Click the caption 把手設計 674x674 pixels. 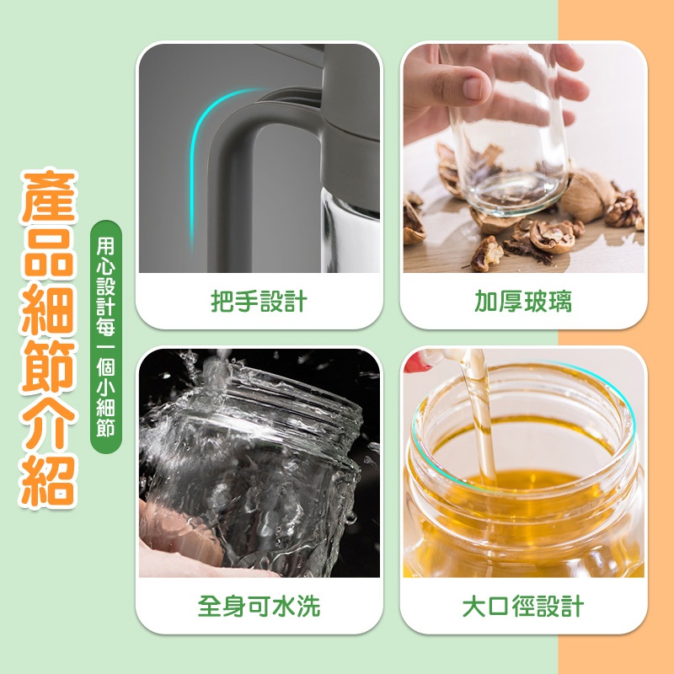click(259, 302)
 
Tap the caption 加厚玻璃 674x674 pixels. click(523, 302)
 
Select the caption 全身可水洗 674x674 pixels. click(259, 606)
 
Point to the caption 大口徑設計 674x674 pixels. click(523, 606)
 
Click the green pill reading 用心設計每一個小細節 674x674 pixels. click(106, 337)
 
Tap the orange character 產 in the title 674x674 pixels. click(49, 196)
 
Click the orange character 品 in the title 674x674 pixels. click(49, 254)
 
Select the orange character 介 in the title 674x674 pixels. click(49, 424)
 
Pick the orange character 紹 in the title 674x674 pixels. click(49, 481)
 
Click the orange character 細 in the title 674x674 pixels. click(49, 311)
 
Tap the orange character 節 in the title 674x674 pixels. click(49, 367)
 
